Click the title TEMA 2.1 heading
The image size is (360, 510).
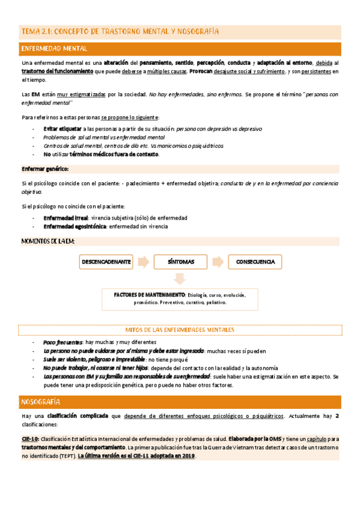(120, 31)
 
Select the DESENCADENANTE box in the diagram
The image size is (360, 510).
(106, 262)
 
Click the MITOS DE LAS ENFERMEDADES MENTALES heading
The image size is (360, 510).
(180, 330)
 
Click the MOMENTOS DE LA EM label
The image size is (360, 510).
(48, 241)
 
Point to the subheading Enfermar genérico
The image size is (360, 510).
(45, 169)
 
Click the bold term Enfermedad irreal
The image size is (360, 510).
(66, 217)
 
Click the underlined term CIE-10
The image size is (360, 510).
(30, 439)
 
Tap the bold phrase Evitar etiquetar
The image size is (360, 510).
(62, 129)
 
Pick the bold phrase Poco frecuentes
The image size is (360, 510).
(62, 342)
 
